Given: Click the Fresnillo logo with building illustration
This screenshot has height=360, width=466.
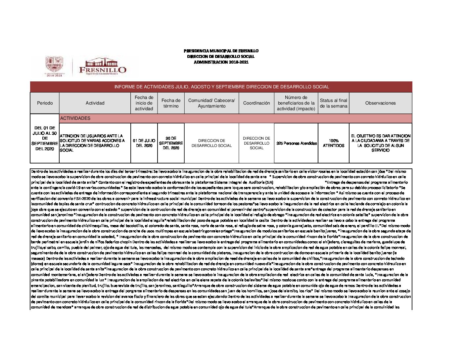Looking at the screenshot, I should coord(103,67).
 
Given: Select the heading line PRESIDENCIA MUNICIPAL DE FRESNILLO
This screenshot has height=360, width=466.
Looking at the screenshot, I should coord(221,51).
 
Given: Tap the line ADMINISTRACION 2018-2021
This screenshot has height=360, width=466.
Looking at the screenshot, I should coord(221,62).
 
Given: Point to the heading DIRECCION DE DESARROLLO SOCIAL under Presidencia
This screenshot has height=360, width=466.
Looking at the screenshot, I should coord(221,57).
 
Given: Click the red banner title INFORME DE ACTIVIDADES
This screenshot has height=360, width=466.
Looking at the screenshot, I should coord(221,87).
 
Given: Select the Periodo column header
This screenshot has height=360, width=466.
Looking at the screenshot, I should coord(45,103).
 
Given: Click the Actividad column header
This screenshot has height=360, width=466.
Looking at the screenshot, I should coord(95,103).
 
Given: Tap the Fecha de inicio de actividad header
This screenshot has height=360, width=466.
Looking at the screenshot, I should coord(144,103).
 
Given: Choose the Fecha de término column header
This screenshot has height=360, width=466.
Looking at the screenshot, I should coord(171,103).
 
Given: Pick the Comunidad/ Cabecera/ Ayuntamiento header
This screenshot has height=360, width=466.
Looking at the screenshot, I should coord(211,103).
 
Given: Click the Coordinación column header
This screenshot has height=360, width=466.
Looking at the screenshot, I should coord(256,103).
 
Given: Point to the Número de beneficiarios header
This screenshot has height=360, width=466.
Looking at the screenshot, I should coord(296,103).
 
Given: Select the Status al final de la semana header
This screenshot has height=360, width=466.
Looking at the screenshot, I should coord(333,103).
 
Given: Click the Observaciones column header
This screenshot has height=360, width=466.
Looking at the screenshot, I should coord(380,103).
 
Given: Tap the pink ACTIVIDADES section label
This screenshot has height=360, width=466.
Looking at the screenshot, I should coord(75,118).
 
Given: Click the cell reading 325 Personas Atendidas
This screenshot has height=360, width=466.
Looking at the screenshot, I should coord(296,143).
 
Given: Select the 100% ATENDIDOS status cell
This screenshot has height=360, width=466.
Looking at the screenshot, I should coord(333,143).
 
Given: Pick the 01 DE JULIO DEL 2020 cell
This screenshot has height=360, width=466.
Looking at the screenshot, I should coord(144,143).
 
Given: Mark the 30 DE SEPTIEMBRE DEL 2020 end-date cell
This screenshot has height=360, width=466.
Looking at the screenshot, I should coord(171,143).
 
